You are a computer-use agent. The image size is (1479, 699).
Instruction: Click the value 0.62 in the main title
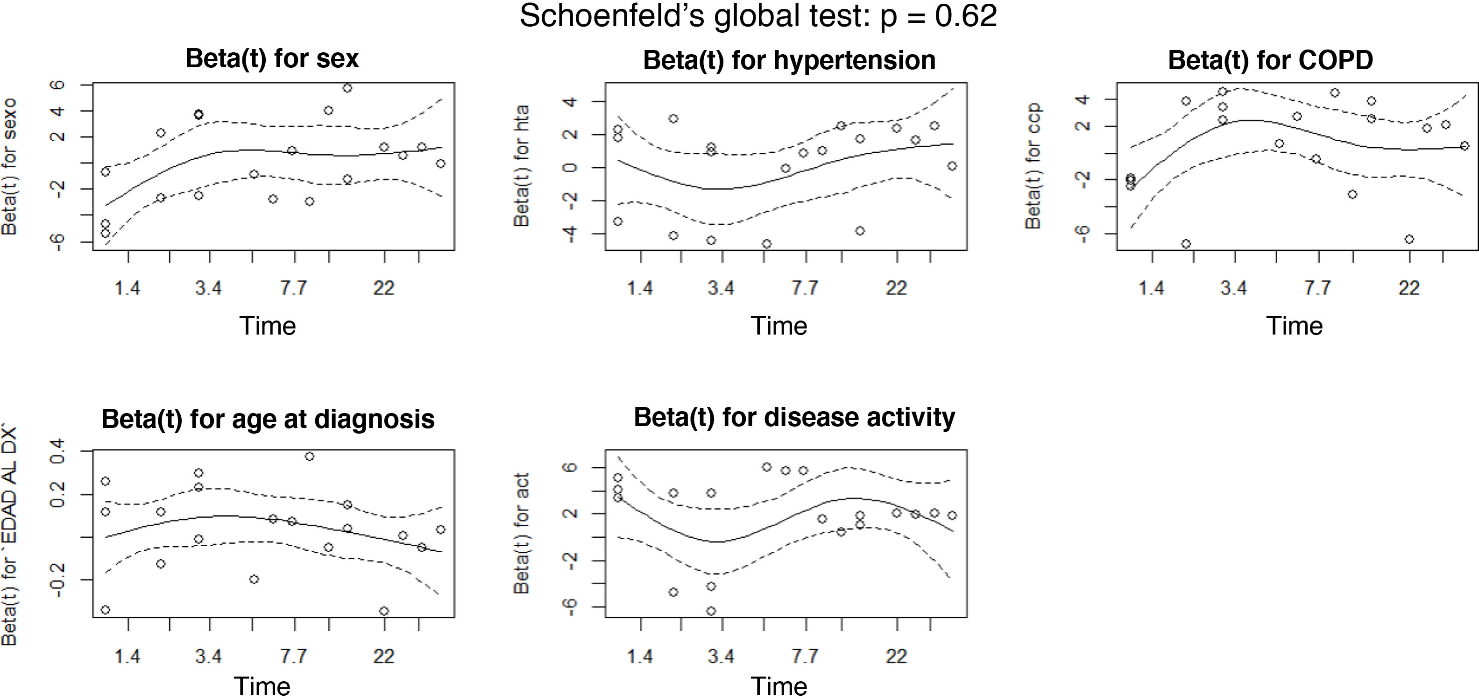click(966, 16)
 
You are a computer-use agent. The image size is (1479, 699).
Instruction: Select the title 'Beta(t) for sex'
click(272, 58)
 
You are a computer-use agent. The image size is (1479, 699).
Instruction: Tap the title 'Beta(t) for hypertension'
click(789, 60)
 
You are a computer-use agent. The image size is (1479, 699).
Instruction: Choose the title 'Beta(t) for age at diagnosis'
click(268, 419)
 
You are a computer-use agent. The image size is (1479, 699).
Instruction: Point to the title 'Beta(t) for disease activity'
click(794, 418)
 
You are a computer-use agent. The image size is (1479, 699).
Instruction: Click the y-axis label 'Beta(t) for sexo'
click(10, 166)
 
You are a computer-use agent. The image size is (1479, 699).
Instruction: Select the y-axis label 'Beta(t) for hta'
click(521, 166)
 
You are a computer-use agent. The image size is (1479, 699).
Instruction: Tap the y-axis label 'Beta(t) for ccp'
click(1033, 166)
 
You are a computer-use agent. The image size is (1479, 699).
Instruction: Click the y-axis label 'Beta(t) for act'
click(521, 533)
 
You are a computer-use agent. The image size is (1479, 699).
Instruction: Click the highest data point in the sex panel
click(347, 88)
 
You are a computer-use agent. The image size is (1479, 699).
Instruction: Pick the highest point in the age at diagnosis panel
click(310, 456)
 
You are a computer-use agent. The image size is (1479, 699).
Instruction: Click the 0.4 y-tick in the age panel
click(57, 451)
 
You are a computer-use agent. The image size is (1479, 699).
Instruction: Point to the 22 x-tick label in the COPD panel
click(1409, 288)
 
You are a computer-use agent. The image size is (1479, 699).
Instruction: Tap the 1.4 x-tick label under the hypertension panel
click(640, 288)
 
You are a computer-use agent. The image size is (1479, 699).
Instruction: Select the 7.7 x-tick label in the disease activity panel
click(805, 656)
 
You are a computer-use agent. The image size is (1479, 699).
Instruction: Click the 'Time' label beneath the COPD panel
click(1295, 326)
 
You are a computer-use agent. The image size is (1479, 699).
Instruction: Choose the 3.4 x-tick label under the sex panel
click(208, 288)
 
